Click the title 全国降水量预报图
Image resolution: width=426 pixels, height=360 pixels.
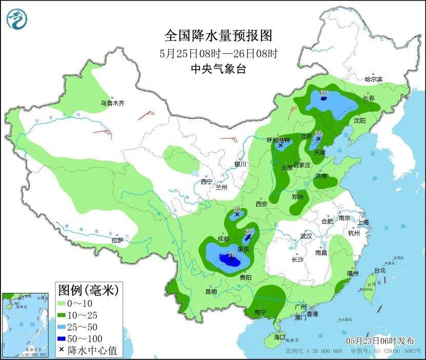218,35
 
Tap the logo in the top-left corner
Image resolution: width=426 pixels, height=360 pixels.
16,19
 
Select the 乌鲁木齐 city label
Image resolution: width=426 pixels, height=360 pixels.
112,103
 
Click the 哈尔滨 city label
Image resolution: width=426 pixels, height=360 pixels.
373,79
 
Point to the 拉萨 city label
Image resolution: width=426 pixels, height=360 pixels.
117,240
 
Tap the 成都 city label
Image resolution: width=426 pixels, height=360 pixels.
224,238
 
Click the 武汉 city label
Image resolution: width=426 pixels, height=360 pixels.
306,237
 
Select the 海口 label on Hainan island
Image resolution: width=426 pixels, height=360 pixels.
279,337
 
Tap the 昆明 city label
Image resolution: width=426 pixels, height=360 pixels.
211,291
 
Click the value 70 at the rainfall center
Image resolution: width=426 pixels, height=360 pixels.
231,254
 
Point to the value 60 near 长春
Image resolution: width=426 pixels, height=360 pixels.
323,93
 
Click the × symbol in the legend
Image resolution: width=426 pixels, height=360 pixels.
62,351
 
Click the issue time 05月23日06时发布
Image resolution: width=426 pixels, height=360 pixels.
378,341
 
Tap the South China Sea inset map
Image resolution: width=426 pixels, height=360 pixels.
25,325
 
